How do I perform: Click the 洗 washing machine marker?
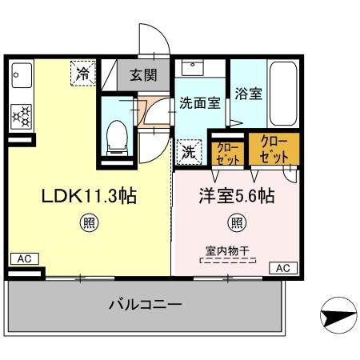(188, 150)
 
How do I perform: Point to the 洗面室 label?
(200, 104)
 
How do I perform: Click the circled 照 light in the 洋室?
(237, 222)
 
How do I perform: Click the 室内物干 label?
(224, 250)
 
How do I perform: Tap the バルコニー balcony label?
(146, 306)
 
